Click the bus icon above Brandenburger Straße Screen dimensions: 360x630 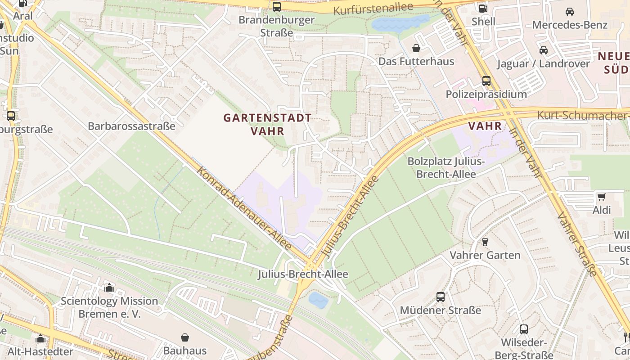pyautogui.click(x=277, y=7)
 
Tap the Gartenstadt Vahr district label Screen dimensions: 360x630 pyautogui.click(x=267, y=124)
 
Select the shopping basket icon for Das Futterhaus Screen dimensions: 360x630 pyautogui.click(x=416, y=48)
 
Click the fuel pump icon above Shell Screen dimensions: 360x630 pyautogui.click(x=483, y=8)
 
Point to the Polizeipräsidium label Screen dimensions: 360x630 pyautogui.click(x=486, y=94)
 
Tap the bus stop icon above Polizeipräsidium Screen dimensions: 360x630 pyautogui.click(x=486, y=81)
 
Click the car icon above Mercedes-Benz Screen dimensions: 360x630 pyautogui.click(x=569, y=12)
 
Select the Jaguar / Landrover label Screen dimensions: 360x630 pyautogui.click(x=543, y=63)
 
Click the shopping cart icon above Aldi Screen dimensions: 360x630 pyautogui.click(x=601, y=197)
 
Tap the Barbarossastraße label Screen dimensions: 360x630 pyautogui.click(x=131, y=126)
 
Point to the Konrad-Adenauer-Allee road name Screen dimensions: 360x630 pyautogui.click(x=244, y=208)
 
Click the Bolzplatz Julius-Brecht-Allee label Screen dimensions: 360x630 pyautogui.click(x=446, y=167)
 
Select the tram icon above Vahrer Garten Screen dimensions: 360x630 pyautogui.click(x=485, y=242)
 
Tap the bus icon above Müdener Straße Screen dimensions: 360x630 pyautogui.click(x=440, y=297)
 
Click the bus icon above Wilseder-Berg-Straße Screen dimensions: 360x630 pyautogui.click(x=523, y=329)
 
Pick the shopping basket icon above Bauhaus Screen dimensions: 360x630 pyautogui.click(x=185, y=337)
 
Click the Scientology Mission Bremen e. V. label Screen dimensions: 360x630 pyautogui.click(x=109, y=307)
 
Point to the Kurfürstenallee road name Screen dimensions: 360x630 pyautogui.click(x=373, y=8)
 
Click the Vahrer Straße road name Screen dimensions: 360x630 pyautogui.click(x=577, y=243)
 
